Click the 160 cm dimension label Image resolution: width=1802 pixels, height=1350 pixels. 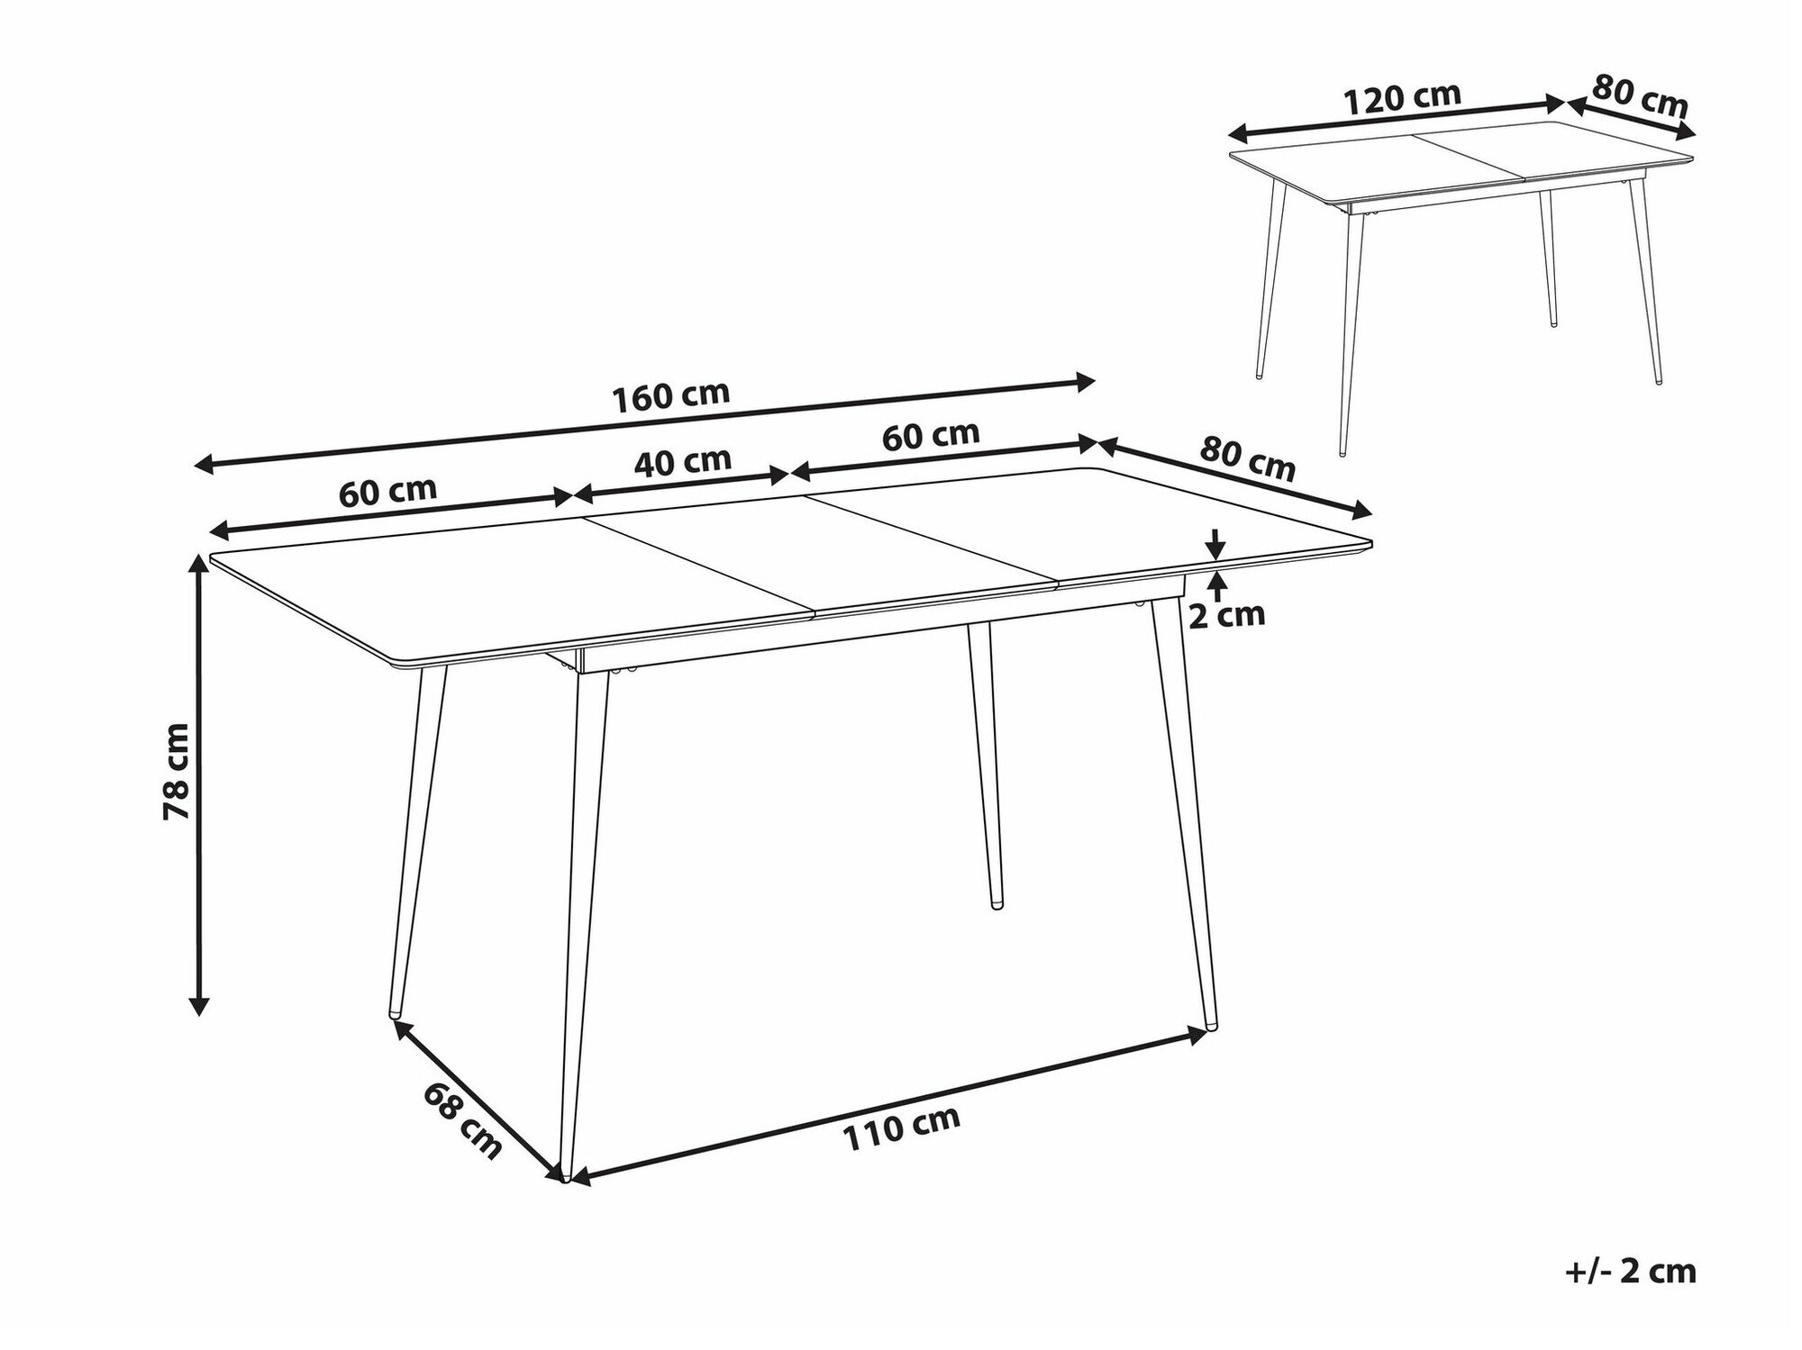[x=670, y=396]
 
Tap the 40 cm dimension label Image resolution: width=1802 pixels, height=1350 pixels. [x=682, y=461]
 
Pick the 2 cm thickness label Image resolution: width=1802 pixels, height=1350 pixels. [x=1227, y=614]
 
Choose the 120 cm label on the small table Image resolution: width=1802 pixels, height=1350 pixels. [x=1402, y=98]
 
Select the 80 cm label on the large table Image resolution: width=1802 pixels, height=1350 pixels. [x=1247, y=459]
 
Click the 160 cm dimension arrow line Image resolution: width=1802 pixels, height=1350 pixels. [x=645, y=423]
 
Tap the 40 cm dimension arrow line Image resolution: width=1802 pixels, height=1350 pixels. [x=682, y=484]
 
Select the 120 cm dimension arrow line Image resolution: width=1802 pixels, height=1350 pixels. [x=1397, y=118]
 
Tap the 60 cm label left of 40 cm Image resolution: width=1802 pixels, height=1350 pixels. [x=387, y=491]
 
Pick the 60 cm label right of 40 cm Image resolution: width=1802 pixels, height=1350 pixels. [x=931, y=436]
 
